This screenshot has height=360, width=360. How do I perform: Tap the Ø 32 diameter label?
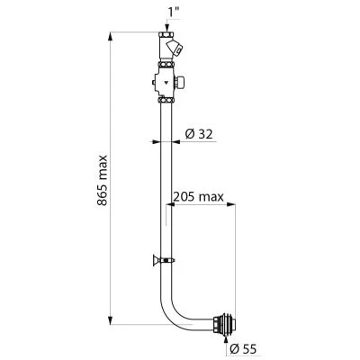click(199, 134)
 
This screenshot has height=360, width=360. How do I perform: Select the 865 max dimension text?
click(102, 180)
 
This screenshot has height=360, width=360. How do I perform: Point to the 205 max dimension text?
click(199, 197)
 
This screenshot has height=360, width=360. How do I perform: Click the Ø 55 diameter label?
click(243, 348)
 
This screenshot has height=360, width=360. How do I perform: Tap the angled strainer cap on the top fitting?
click(175, 48)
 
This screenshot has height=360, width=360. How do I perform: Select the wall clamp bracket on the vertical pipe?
click(164, 260)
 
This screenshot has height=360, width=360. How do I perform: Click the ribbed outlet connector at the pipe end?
click(224, 323)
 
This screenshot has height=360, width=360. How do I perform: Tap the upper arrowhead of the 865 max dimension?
click(111, 38)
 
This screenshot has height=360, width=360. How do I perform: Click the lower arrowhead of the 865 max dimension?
click(111, 319)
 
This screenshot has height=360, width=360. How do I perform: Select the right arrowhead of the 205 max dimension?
click(230, 204)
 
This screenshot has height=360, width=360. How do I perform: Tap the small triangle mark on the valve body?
click(166, 81)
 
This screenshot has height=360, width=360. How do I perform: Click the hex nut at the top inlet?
click(167, 34)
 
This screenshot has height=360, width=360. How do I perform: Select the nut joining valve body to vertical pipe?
click(166, 100)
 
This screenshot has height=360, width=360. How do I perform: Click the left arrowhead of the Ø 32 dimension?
click(156, 141)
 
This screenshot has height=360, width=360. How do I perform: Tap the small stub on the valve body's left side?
click(153, 82)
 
